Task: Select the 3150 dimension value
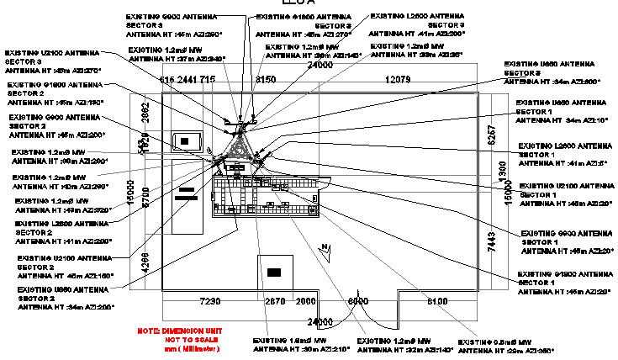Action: (x=265, y=79)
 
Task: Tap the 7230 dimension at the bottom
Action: (x=209, y=301)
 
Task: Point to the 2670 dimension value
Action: (x=276, y=301)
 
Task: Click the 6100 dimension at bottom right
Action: (x=439, y=301)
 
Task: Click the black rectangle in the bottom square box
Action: (x=274, y=272)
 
